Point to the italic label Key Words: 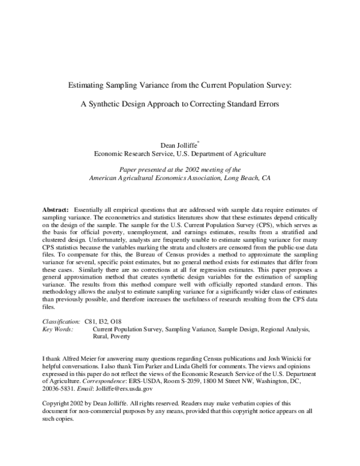(x=58, y=330)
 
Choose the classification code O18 (x=124, y=322)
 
